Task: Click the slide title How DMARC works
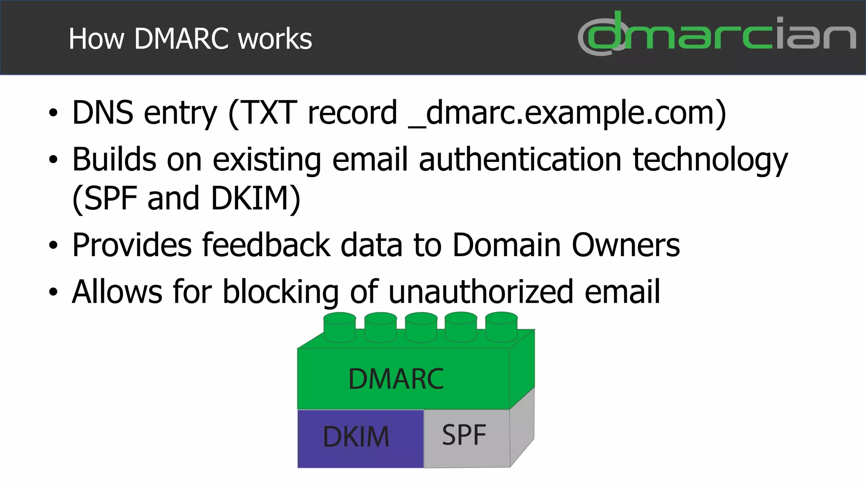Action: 190,39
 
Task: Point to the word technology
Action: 710,160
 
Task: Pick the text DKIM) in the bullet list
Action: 255,198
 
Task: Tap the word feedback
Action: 266,245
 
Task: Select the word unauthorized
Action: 480,292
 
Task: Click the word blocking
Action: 280,292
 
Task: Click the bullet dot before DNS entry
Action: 53,113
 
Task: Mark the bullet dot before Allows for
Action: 53,292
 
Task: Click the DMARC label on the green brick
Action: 396,379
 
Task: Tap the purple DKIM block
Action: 360,438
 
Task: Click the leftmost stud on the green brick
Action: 340,326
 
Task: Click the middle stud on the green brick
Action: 421,326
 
